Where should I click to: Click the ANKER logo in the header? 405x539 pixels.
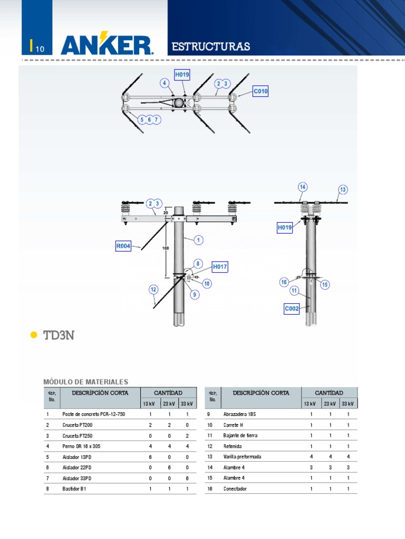(107, 45)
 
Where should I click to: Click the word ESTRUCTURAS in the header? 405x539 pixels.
(211, 47)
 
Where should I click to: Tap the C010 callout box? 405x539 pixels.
(261, 92)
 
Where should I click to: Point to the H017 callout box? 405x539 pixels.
(220, 267)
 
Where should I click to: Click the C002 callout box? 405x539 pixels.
(292, 309)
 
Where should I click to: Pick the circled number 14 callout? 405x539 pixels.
(302, 187)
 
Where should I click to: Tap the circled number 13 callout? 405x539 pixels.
(343, 189)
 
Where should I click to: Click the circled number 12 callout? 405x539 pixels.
(153, 289)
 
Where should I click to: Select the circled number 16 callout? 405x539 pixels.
(284, 282)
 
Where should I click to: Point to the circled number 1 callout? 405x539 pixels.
(199, 240)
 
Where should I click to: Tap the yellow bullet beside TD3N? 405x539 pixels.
(34, 335)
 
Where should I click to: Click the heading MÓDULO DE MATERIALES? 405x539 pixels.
(85, 382)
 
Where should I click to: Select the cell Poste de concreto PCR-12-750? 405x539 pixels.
(93, 414)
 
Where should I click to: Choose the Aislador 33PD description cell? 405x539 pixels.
(76, 478)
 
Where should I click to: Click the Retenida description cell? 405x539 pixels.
(233, 446)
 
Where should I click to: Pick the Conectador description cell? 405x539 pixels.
(235, 488)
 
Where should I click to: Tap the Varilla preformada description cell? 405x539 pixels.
(242, 456)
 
